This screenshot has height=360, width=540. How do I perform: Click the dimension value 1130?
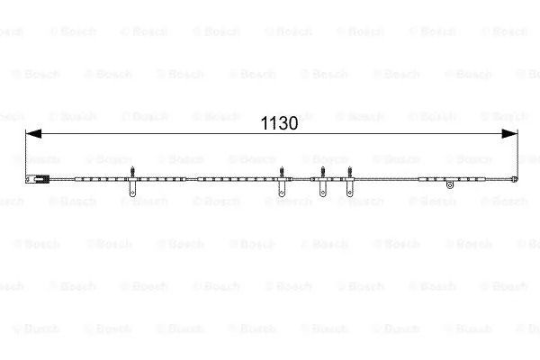(x=279, y=123)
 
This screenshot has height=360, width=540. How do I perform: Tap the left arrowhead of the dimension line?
(x=33, y=134)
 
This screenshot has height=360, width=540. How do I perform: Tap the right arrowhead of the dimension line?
(x=509, y=134)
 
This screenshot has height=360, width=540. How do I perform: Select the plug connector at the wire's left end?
(x=38, y=179)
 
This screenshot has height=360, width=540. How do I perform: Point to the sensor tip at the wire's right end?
(x=515, y=178)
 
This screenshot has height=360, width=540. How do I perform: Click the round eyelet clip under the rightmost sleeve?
(x=449, y=185)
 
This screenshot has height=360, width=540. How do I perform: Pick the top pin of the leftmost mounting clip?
(x=132, y=172)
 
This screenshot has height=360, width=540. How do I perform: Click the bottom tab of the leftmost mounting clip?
(x=132, y=189)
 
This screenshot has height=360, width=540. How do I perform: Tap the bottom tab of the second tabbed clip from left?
(x=282, y=189)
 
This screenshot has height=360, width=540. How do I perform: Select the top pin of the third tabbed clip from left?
(x=323, y=172)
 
